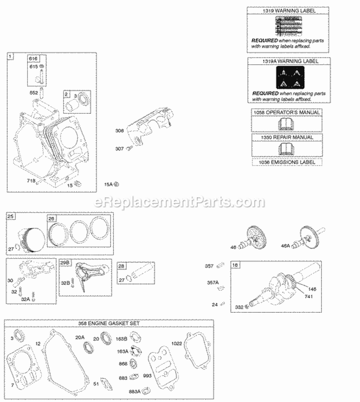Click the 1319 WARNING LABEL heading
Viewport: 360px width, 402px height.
pos(289,10)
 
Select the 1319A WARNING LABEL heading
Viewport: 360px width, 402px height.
pos(289,61)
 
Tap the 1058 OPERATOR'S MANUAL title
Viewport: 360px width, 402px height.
pos(287,112)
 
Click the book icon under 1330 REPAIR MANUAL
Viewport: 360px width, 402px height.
pos(287,149)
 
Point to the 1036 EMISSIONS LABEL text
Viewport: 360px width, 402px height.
pos(287,162)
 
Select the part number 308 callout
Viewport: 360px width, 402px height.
pos(119,130)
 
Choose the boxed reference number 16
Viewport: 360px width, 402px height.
pos(236,265)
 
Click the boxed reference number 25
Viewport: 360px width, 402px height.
pos(11,217)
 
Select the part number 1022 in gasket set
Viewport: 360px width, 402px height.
pos(177,343)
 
